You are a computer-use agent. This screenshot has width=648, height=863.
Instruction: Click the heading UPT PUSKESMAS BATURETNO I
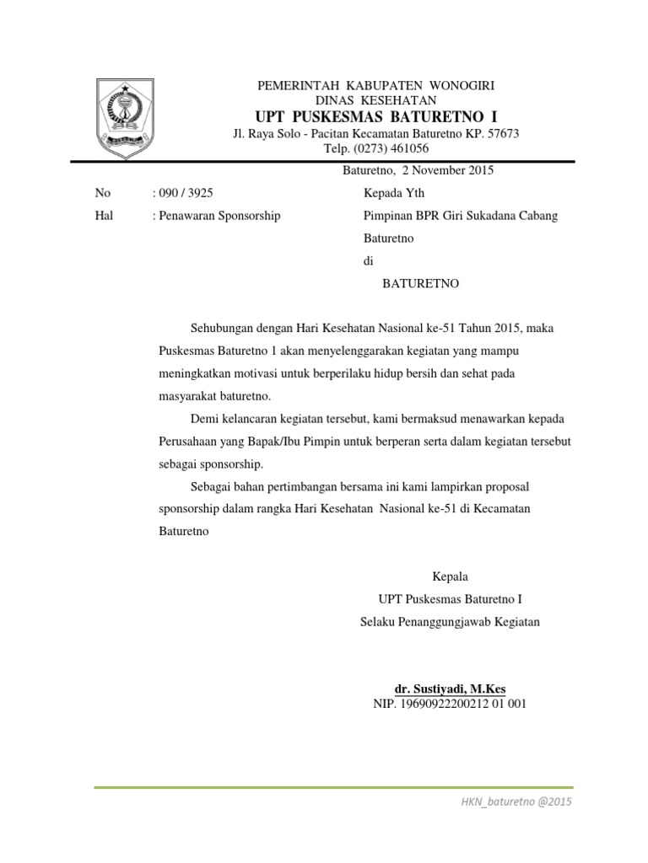(x=375, y=115)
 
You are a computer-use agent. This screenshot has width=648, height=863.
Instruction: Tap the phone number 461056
(x=408, y=148)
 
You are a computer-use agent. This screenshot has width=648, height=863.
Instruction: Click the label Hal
(x=104, y=216)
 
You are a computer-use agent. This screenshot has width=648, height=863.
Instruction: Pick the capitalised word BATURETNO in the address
(x=420, y=284)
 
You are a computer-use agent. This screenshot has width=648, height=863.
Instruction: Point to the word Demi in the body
(x=204, y=419)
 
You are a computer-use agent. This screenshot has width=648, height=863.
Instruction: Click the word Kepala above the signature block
(x=450, y=577)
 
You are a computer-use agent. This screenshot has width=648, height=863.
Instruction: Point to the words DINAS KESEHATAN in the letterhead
(x=375, y=100)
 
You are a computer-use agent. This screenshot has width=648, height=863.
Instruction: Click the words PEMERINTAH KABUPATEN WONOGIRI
(x=375, y=86)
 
